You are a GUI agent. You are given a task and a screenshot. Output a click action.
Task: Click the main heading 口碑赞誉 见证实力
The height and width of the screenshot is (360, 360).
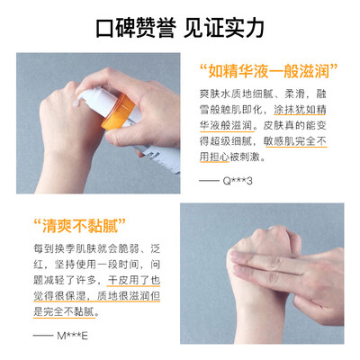point(180,28)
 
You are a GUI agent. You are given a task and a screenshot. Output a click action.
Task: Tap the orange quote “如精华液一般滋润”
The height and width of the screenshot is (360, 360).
point(268,72)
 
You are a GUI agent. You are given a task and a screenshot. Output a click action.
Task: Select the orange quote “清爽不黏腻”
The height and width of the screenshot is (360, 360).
point(79,226)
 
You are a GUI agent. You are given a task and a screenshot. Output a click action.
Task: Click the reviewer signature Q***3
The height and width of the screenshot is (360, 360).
point(238,181)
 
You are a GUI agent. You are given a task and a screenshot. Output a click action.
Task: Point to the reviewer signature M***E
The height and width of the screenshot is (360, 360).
point(72,336)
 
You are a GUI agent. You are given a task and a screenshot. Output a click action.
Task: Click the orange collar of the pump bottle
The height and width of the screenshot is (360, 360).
point(119,112)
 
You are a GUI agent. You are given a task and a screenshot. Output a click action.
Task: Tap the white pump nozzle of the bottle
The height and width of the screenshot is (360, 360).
point(87,96)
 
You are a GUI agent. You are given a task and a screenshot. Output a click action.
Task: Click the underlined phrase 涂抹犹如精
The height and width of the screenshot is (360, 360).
point(300,110)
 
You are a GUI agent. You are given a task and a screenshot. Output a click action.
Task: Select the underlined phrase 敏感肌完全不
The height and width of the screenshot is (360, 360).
point(295,141)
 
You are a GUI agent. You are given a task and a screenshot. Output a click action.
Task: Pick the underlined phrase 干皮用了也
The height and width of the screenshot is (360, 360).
point(134,281)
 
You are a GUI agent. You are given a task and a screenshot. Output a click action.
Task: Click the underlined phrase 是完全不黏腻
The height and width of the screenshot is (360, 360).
point(64,311)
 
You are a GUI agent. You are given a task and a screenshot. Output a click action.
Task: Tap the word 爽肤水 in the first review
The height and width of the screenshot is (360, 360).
point(215,94)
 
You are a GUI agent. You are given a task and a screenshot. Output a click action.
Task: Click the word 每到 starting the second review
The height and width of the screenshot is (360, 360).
point(44,249)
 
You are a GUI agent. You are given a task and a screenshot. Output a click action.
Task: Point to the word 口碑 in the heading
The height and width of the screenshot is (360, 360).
point(116,28)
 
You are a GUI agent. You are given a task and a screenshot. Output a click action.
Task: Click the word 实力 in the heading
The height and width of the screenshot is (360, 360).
point(245,28)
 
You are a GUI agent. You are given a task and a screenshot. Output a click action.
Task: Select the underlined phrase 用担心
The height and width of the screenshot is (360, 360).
point(214,157)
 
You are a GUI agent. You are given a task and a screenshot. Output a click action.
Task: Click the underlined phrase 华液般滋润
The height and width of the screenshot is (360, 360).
point(226,126)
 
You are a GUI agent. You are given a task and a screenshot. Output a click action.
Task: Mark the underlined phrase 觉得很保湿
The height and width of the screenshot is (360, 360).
point(59,296)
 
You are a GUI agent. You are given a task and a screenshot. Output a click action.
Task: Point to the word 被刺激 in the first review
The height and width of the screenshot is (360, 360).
point(245,157)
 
